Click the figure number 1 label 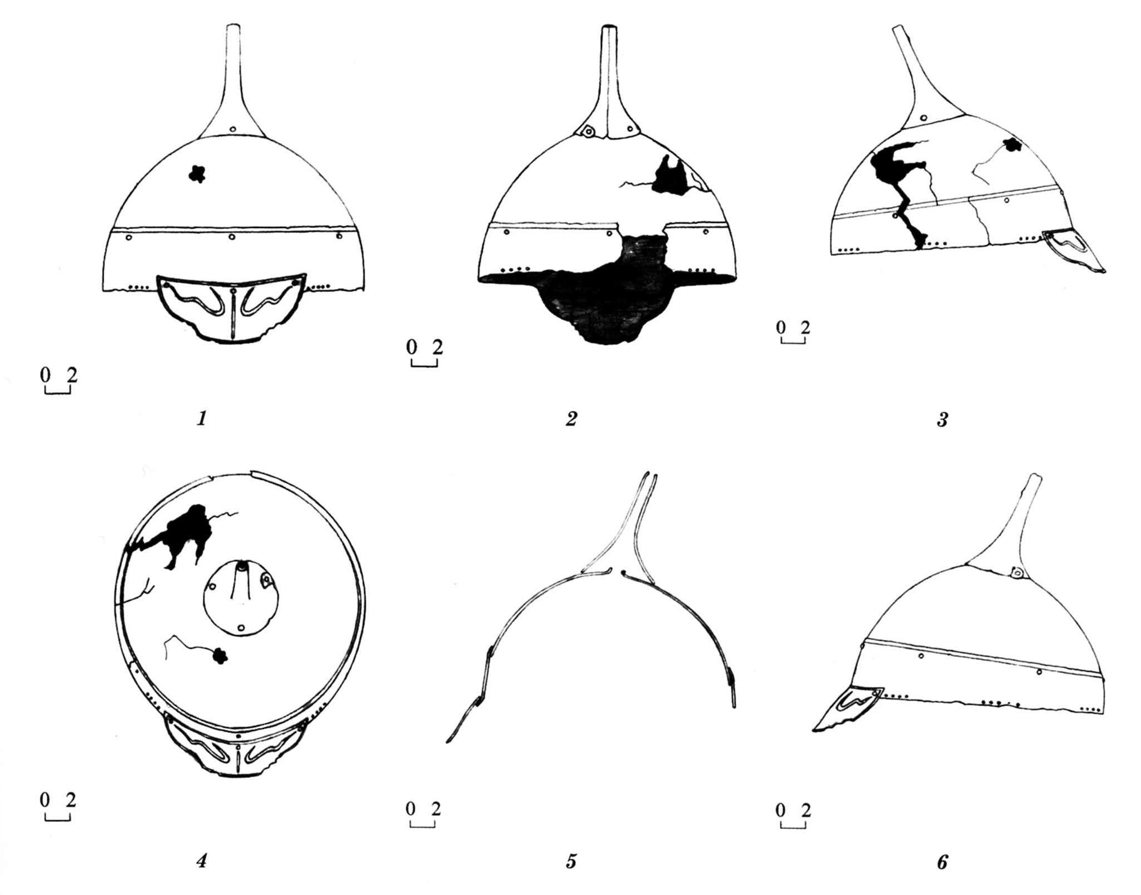[x=202, y=418]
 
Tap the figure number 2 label [x=571, y=419]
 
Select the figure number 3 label [x=941, y=419]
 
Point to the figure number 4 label [x=202, y=861]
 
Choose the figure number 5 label [x=571, y=862]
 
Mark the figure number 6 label [x=941, y=862]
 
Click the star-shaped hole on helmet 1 [x=197, y=174]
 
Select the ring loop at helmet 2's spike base [x=587, y=132]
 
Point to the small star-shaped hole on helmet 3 [x=1012, y=145]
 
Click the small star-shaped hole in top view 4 [x=221, y=656]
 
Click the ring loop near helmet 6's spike [x=1017, y=572]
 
